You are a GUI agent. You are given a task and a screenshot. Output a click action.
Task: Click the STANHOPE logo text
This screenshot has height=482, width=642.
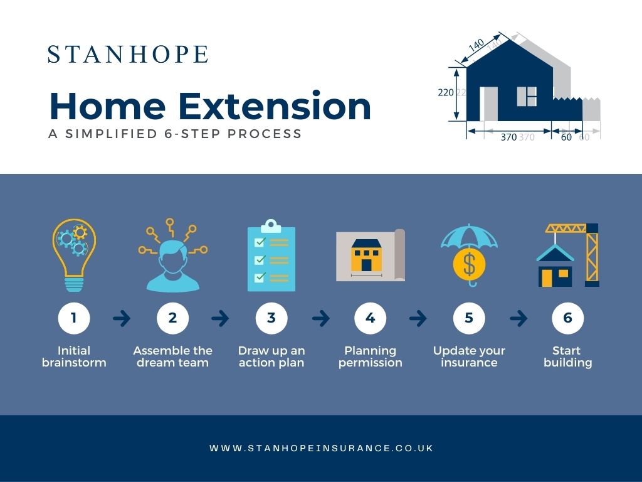point(128,55)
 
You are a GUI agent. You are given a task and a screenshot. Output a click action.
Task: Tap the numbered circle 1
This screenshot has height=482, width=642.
point(74,318)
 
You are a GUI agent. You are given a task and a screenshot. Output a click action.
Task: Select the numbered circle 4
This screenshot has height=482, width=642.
point(371,318)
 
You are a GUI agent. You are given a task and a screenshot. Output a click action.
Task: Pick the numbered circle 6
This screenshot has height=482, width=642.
point(567,318)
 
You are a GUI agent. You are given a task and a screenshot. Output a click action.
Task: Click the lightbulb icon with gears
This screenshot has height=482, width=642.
point(74,254)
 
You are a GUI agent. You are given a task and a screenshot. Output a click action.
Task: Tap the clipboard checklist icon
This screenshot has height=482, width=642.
point(271,255)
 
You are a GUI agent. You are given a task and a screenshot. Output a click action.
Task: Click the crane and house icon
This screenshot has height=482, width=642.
point(568,255)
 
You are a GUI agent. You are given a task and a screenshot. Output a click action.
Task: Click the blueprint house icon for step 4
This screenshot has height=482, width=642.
point(370,255)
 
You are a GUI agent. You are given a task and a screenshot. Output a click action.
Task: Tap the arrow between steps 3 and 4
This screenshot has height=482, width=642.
point(320,319)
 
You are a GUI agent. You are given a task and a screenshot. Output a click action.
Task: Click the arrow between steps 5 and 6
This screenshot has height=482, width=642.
point(518,319)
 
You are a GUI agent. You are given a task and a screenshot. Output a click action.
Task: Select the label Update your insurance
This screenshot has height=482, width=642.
point(469,356)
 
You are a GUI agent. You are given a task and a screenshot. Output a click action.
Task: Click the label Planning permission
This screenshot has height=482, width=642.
point(371,356)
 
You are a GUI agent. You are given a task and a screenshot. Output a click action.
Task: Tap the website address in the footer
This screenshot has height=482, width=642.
point(321,448)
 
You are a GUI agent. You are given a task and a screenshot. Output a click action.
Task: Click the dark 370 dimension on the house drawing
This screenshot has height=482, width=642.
point(508,137)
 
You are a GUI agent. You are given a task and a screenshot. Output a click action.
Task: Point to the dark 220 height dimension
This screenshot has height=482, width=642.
point(445,92)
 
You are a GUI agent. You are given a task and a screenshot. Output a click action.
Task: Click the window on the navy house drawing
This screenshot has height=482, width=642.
point(527,96)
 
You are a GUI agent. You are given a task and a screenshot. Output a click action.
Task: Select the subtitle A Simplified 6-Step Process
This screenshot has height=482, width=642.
point(175,134)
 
